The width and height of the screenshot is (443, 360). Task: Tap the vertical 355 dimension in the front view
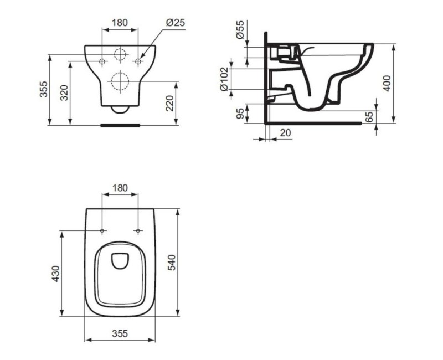coord(44,90)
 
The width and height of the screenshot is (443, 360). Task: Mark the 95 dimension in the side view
coord(240,114)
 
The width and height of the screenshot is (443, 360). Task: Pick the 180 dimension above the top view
coord(120,188)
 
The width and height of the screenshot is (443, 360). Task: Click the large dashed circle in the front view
coord(120,82)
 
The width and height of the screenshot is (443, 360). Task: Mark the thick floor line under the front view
coord(120,126)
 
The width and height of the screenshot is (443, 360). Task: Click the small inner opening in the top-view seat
coord(120,260)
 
